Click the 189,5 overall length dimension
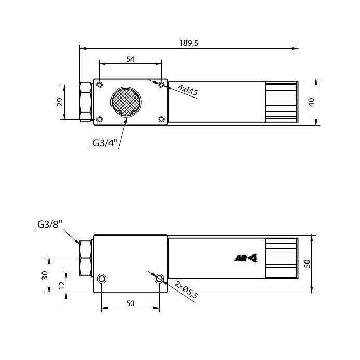(189, 44)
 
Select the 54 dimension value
(130, 59)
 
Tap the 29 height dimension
(59, 102)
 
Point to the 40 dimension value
(311, 102)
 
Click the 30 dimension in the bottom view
(44, 274)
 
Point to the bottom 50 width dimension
(130, 303)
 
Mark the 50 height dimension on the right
(307, 264)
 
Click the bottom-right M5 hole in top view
(161, 120)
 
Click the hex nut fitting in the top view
(86, 102)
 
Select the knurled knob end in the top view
(281, 102)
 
